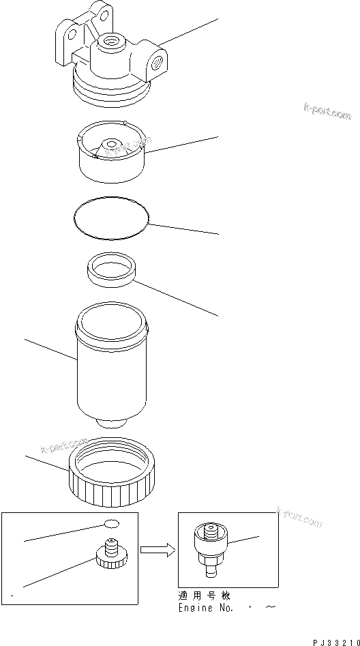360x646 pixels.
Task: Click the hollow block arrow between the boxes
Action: pos(156,550)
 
